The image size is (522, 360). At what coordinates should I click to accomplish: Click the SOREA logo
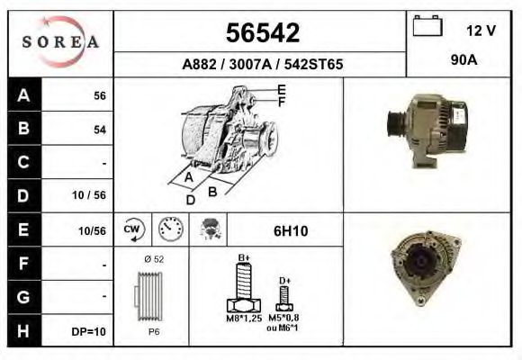coord(59,43)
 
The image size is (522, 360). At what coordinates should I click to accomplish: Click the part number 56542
coord(261,33)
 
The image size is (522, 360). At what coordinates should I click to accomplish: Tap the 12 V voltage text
coord(481,30)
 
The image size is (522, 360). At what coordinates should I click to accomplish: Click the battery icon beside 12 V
coord(427,27)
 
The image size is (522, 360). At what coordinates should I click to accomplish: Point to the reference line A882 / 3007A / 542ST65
coord(261,65)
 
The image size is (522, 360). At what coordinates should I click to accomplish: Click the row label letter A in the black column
coord(23,95)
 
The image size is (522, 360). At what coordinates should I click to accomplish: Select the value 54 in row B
coord(100,130)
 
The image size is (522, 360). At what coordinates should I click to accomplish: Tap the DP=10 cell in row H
coord(89,331)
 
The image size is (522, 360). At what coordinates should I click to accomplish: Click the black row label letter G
coord(23,295)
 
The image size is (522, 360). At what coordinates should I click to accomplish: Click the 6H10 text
coord(290,231)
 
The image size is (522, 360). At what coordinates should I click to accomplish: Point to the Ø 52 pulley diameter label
coord(153,260)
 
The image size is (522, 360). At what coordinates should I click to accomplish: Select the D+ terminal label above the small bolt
coord(284,281)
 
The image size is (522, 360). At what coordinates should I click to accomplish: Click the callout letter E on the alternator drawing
coord(282,89)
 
